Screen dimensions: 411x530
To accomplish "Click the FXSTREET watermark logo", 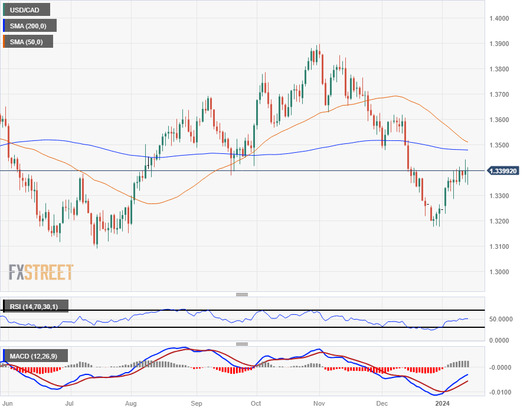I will (41, 272).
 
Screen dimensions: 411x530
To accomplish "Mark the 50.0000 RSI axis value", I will (500, 319).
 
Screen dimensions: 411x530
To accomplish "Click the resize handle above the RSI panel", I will (242, 294).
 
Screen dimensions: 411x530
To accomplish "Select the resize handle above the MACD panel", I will (242, 344).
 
